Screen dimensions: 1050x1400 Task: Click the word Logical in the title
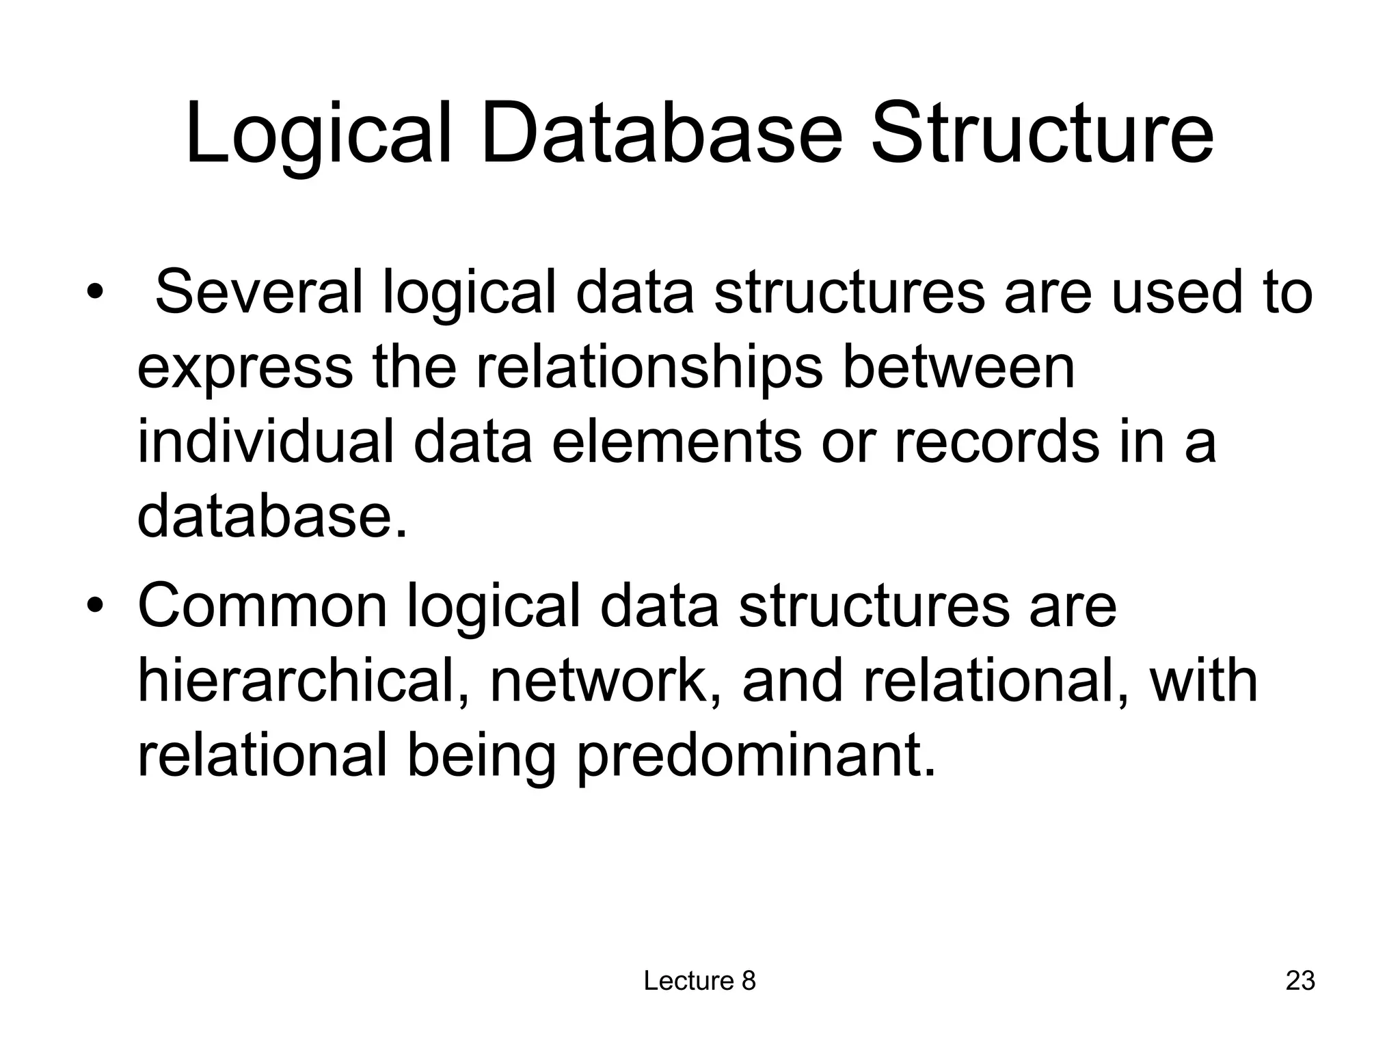[319, 133]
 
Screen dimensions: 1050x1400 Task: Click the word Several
[258, 293]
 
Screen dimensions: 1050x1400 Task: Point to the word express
[245, 368]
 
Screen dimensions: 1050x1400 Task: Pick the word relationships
[649, 368]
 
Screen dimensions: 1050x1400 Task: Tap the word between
[958, 368]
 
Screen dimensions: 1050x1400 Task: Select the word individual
[266, 442]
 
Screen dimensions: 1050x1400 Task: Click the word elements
[675, 442]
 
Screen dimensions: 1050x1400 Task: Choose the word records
[997, 442]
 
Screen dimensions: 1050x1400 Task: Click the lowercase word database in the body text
[271, 515]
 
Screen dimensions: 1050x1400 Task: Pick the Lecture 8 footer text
[699, 981]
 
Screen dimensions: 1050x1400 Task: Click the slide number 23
[1300, 981]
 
